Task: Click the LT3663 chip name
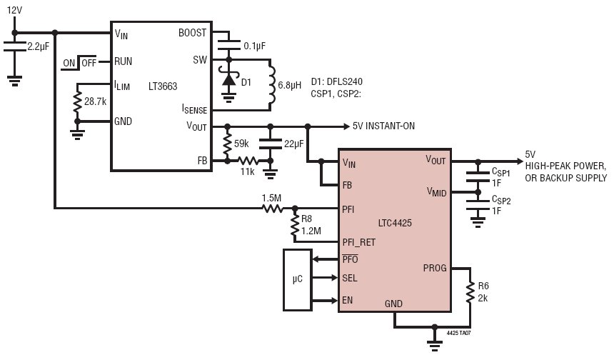163,86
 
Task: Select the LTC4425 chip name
395,224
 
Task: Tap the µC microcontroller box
298,280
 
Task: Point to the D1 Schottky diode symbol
228,79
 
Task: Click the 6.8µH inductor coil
271,85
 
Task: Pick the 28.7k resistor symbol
78,102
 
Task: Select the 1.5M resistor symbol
273,209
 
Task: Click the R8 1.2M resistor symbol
295,226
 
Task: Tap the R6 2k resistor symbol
470,292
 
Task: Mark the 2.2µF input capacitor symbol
15,46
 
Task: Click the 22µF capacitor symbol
270,144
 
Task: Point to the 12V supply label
14,10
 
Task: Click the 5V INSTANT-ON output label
383,126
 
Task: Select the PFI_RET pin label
358,242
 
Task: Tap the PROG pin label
435,269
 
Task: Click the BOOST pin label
192,33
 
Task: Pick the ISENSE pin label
194,109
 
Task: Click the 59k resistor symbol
227,144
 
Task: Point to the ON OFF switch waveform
79,63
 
